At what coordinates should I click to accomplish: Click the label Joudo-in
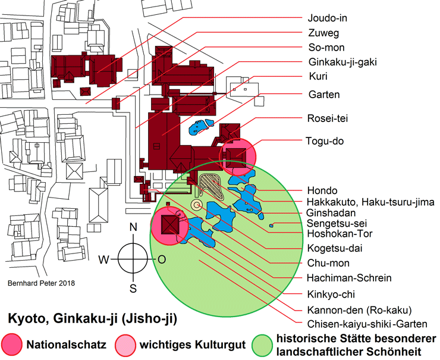(x=328, y=18)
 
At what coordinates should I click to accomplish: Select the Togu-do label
(x=326, y=141)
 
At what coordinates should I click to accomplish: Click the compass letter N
(x=134, y=227)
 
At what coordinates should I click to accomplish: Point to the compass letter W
(x=103, y=259)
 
